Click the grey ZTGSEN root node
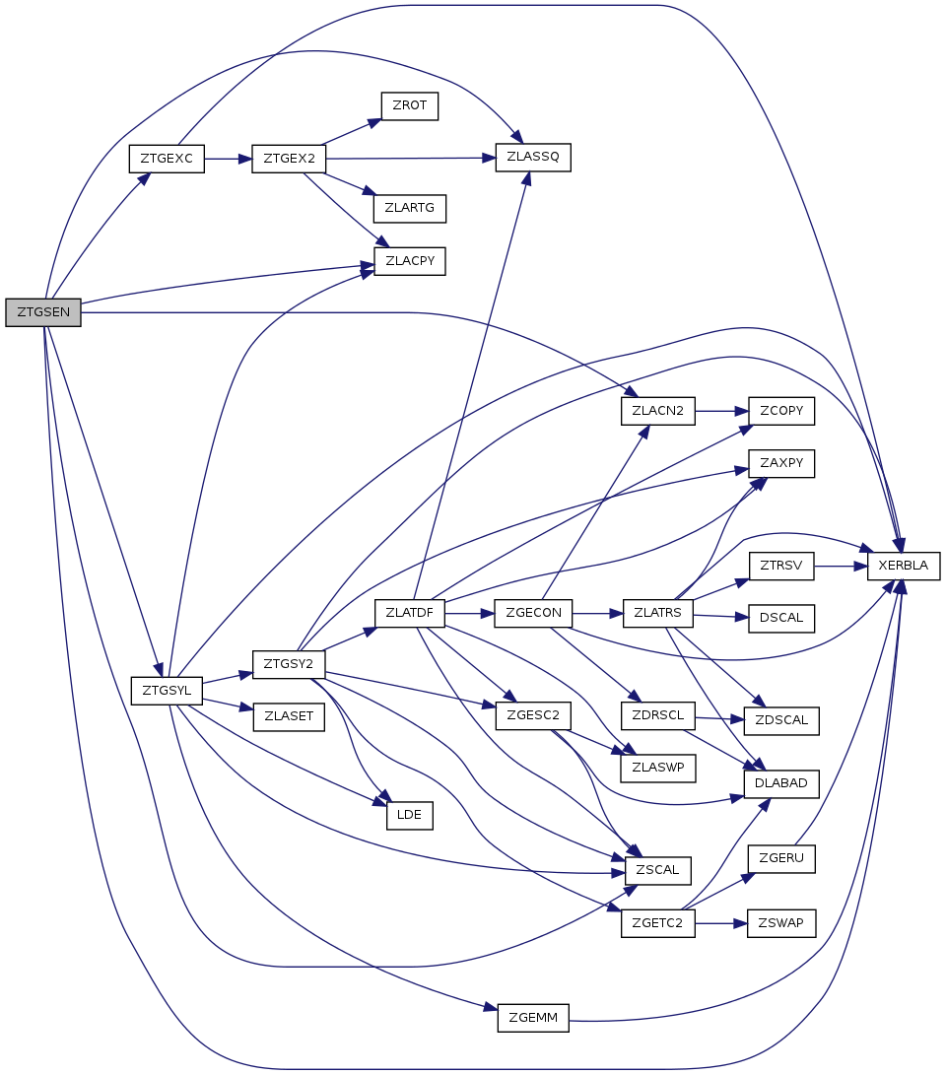point(42,312)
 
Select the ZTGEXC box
point(167,159)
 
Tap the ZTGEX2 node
point(289,159)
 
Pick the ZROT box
point(409,105)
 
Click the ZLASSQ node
point(533,158)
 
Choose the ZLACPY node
point(410,261)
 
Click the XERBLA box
point(903,566)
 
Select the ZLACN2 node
point(658,410)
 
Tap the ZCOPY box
point(782,410)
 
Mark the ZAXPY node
point(782,462)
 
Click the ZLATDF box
point(410,612)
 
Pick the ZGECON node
point(533,612)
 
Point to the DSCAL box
point(782,618)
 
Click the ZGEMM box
point(533,1018)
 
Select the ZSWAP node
point(781,923)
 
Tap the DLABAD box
point(781,783)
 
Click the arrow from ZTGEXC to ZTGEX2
point(228,159)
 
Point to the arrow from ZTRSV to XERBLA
point(841,567)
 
